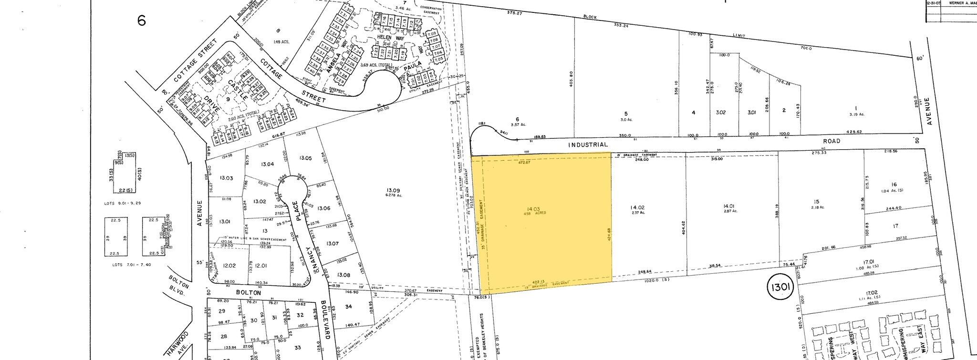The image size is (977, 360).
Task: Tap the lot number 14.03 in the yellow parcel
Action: click(533, 209)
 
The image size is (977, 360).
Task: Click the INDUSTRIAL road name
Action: click(588, 144)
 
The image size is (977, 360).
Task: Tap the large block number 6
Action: click(141, 21)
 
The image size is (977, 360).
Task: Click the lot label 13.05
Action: click(305, 158)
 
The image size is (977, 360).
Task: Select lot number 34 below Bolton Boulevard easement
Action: click(348, 307)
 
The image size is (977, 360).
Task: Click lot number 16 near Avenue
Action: click(894, 185)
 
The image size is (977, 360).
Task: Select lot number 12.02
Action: click(229, 266)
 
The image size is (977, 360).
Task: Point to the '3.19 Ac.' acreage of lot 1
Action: click(856, 114)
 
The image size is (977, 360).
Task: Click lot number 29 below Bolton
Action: click(221, 311)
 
